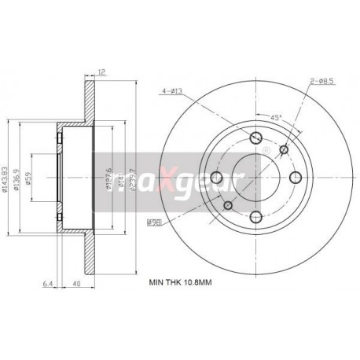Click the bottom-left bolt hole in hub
229,206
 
